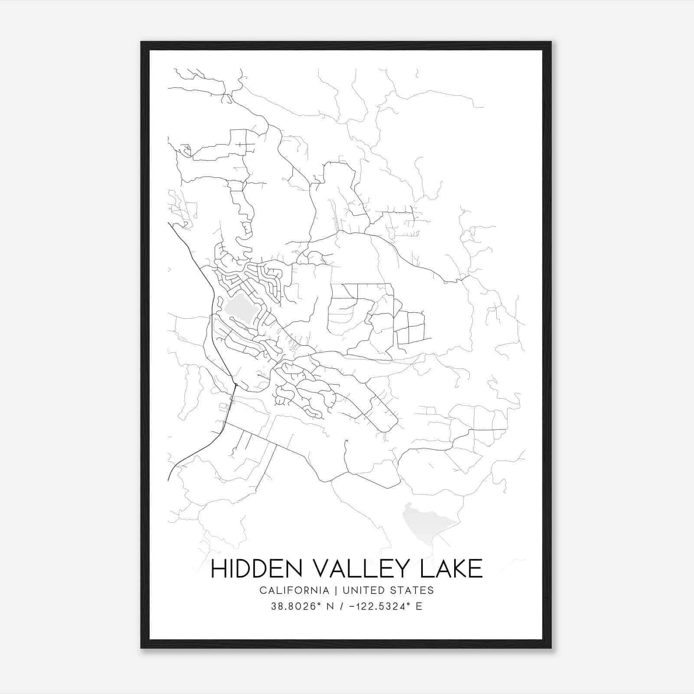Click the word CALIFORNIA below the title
click(294, 590)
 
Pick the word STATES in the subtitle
click(414, 590)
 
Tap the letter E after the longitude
click(419, 606)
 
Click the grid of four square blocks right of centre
click(409, 327)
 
